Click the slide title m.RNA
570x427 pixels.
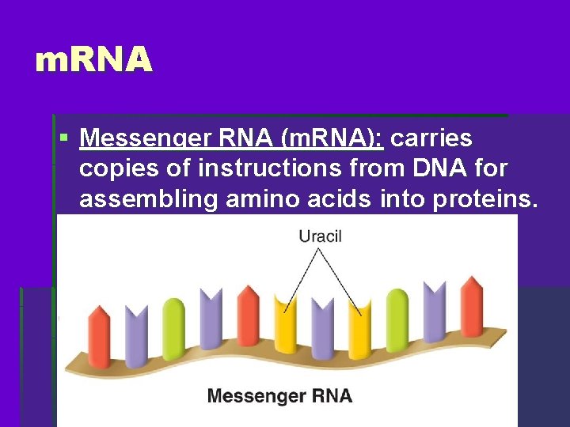[93, 60]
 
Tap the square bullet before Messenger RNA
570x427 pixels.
[63, 139]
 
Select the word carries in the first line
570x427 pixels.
[431, 139]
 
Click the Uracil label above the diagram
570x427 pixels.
[320, 236]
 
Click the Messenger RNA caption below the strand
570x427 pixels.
[279, 395]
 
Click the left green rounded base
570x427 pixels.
[173, 328]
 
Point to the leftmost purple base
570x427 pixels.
[136, 336]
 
